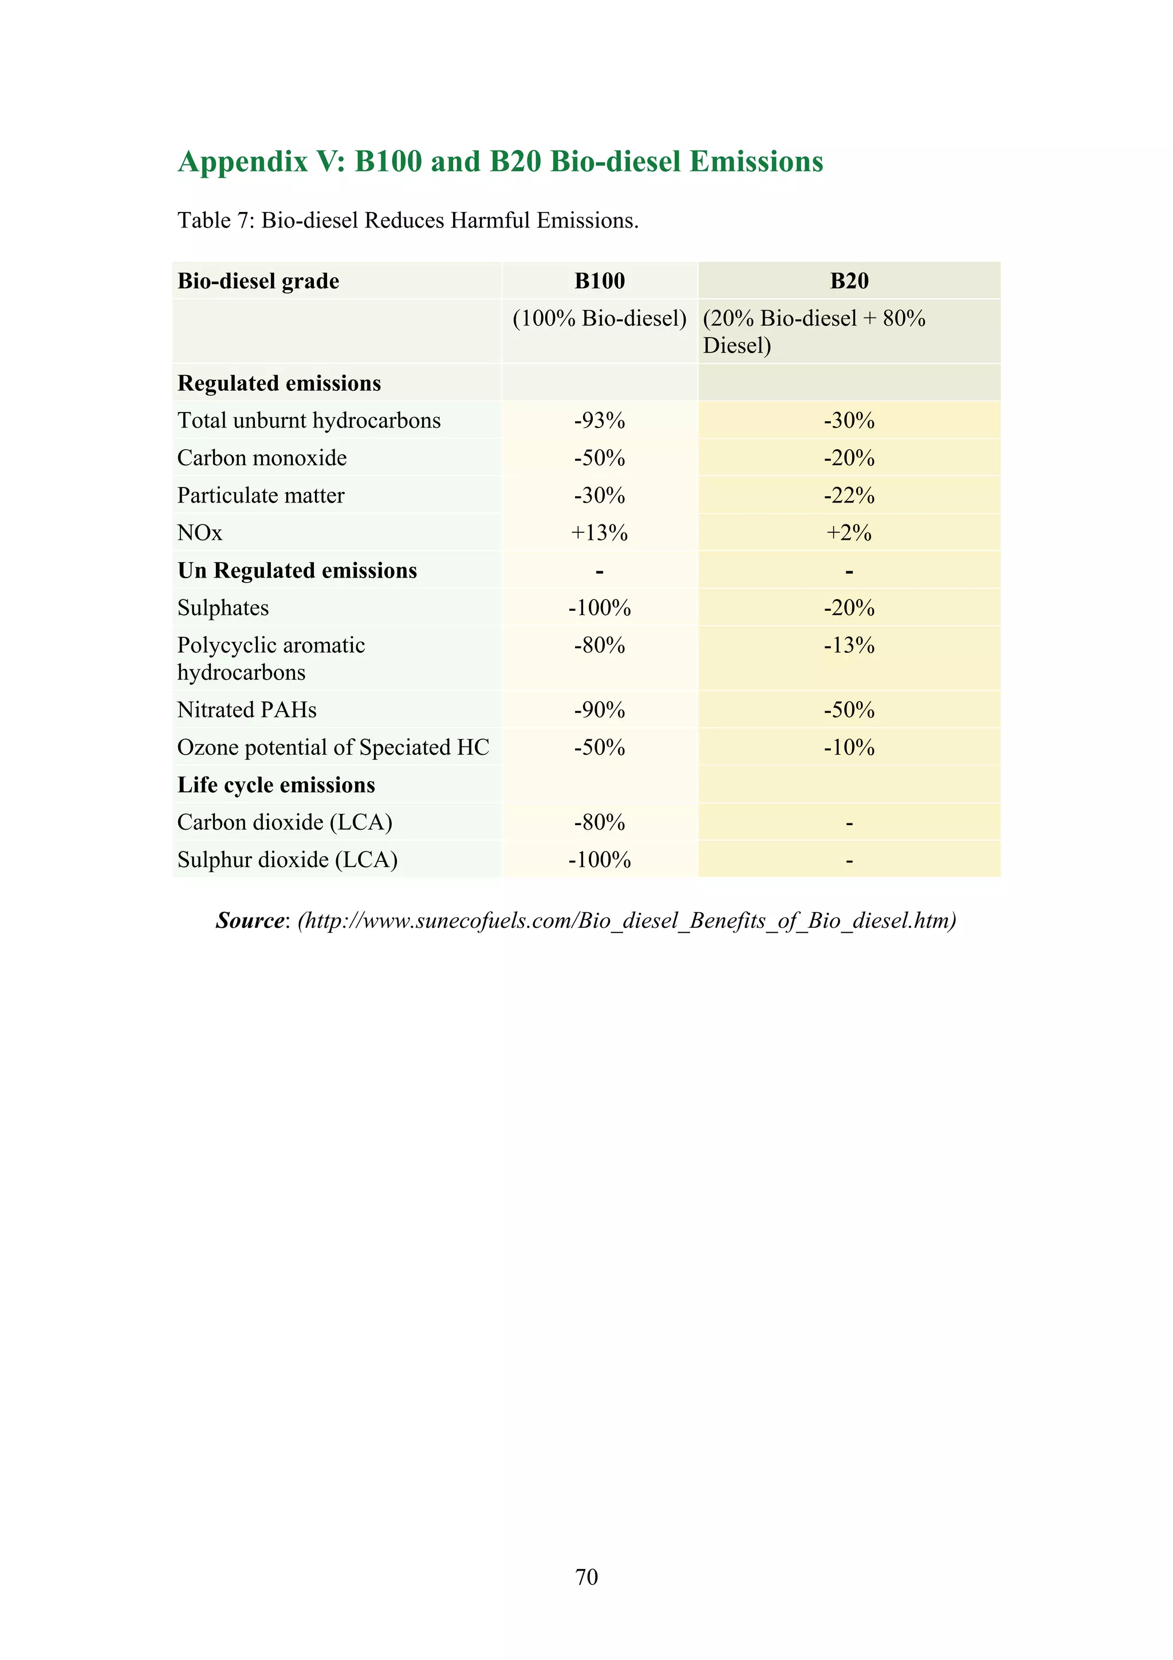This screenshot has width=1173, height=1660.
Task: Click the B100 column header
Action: tap(599, 281)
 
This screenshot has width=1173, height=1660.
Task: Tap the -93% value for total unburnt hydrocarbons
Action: tap(599, 420)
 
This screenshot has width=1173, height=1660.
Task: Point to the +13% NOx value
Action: tap(599, 533)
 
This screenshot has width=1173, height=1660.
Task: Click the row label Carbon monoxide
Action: tap(262, 458)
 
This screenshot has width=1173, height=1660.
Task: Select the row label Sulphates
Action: tap(223, 608)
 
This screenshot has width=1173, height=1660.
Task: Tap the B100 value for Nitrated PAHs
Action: tap(599, 710)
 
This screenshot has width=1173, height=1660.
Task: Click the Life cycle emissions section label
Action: tap(276, 785)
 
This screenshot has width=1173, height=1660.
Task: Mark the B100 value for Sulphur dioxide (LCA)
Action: tap(599, 860)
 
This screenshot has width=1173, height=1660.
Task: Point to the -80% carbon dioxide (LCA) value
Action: tap(599, 822)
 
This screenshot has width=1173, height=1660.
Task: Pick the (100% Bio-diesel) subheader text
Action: tap(599, 318)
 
